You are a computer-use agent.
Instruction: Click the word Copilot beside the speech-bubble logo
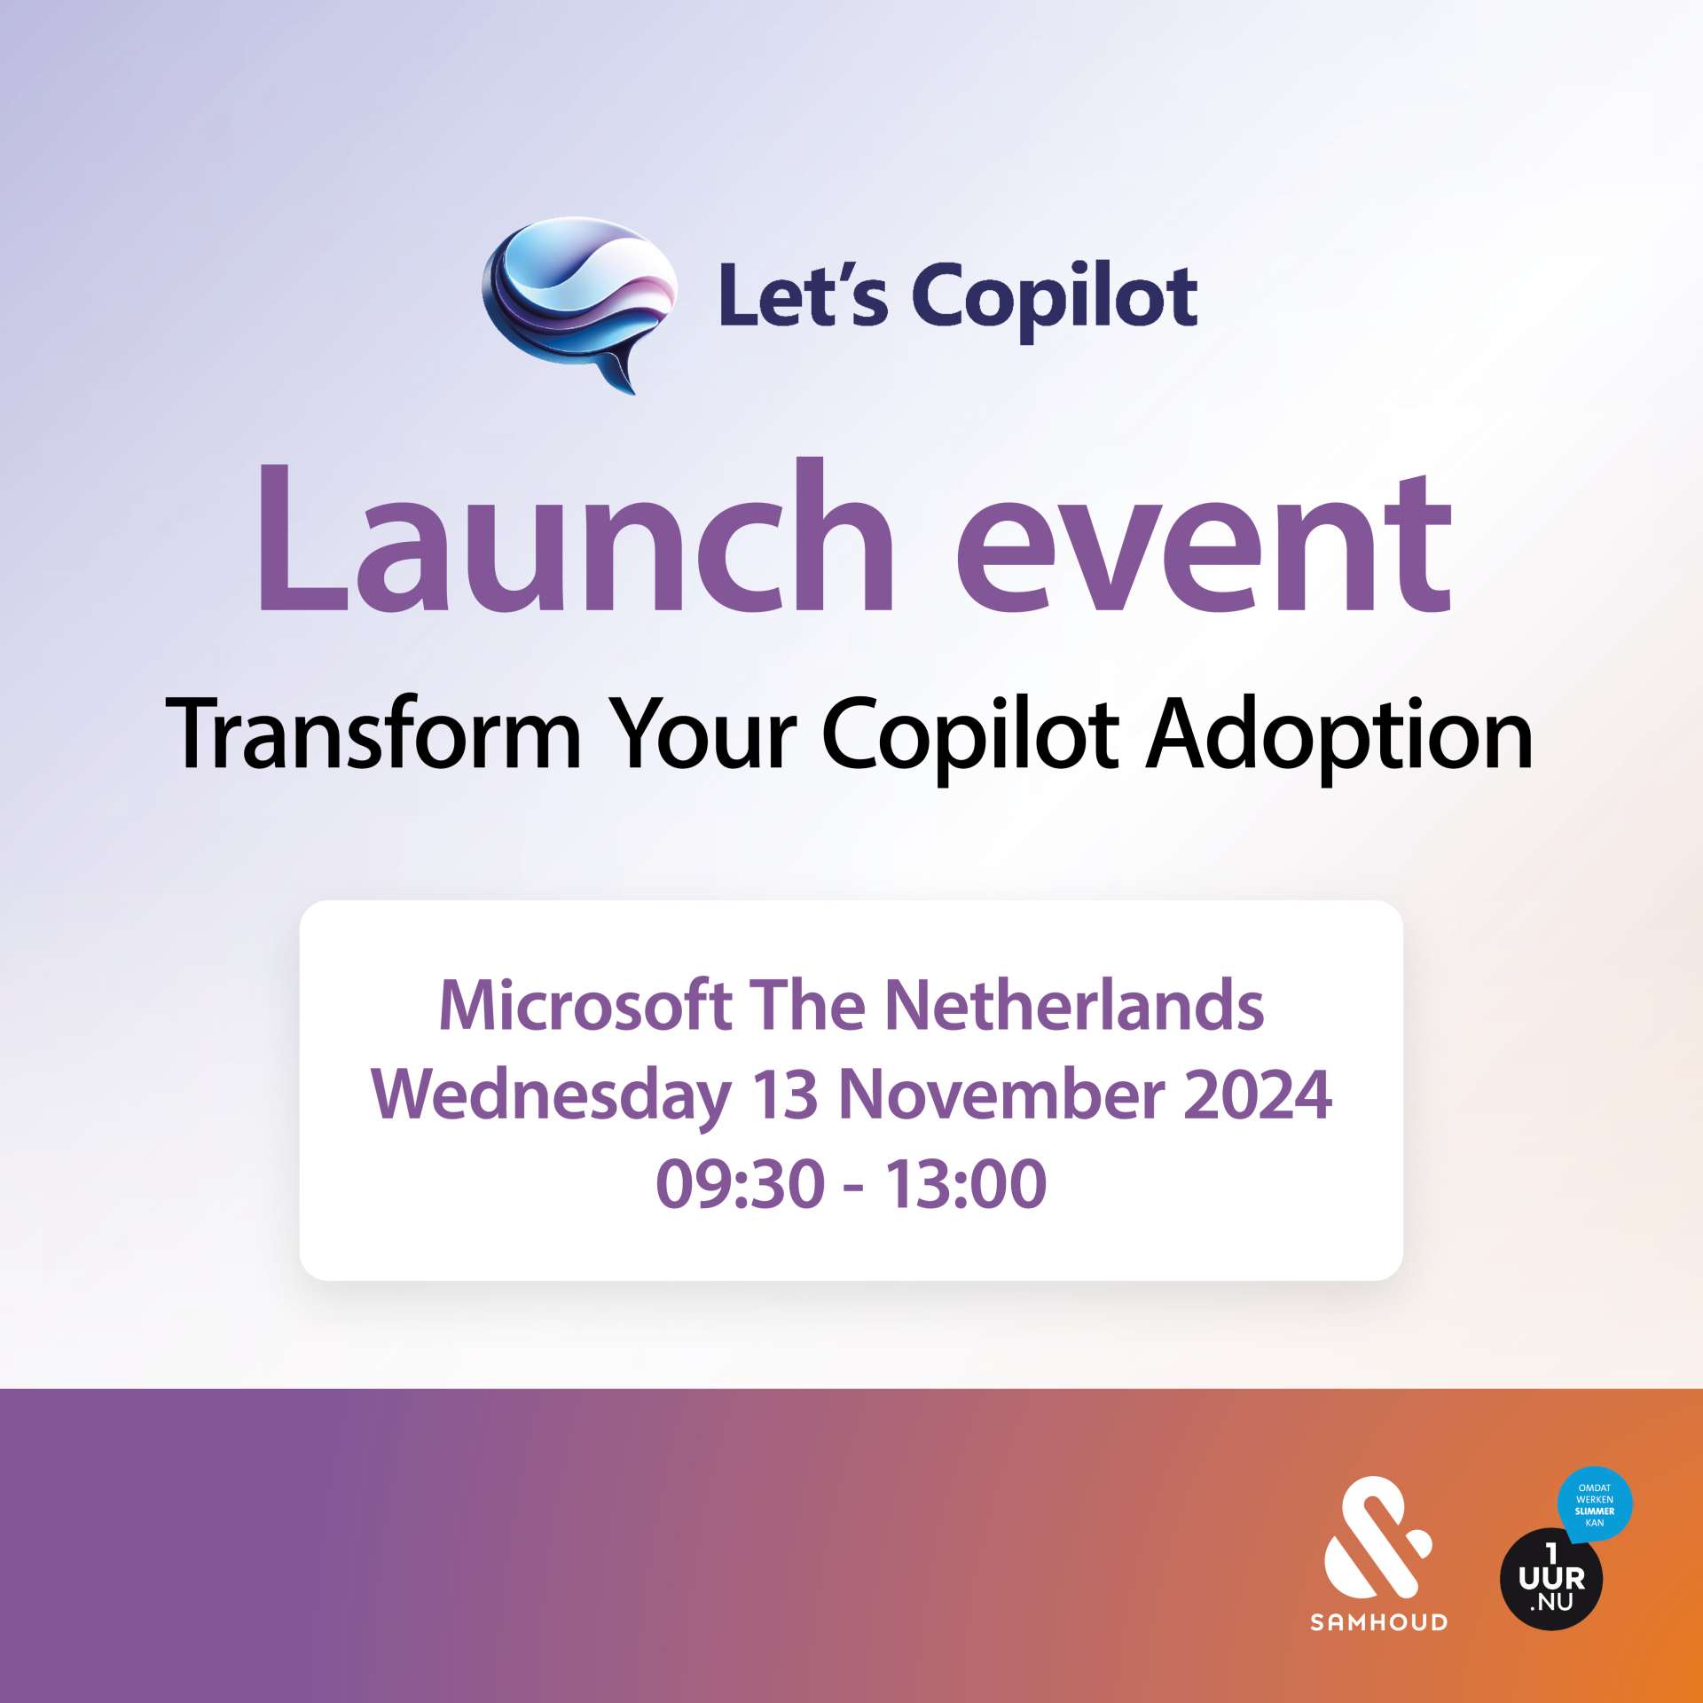(x=1055, y=300)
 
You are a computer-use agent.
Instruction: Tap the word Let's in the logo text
(x=803, y=294)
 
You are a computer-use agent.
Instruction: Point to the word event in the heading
(x=1203, y=544)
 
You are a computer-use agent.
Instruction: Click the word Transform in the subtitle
(x=373, y=734)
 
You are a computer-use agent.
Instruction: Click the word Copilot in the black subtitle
(x=971, y=738)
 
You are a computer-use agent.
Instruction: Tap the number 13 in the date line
(x=785, y=1095)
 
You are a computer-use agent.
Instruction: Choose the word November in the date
(x=1001, y=1095)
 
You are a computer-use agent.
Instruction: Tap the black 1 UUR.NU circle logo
(x=1551, y=1579)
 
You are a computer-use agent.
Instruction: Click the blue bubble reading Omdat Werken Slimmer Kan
(x=1595, y=1504)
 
